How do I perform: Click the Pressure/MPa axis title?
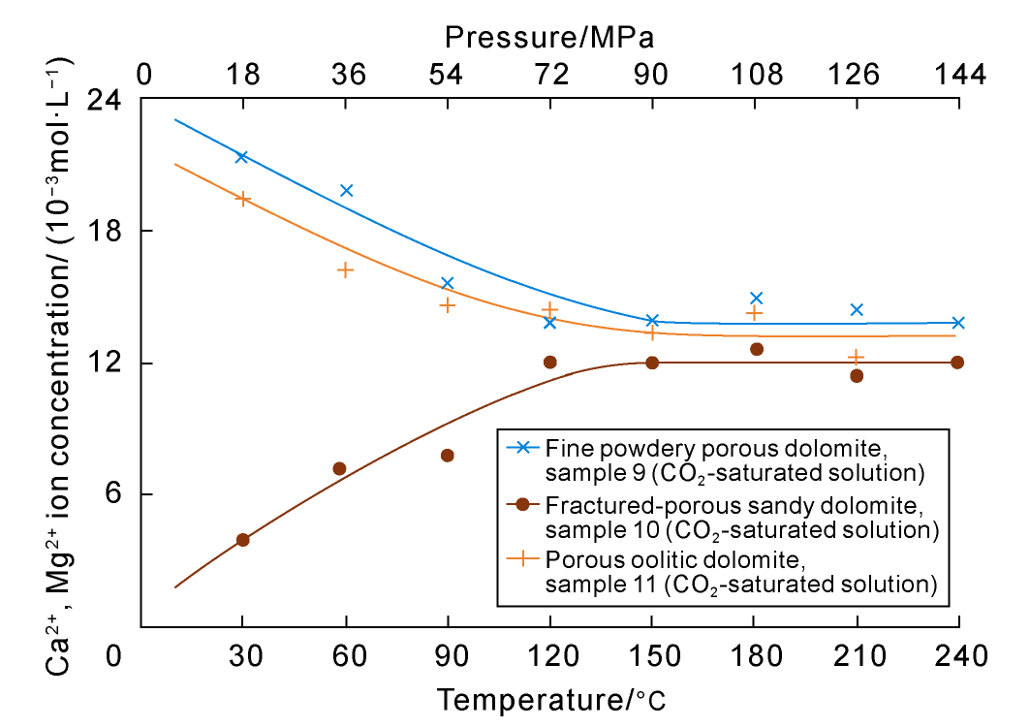pos(549,38)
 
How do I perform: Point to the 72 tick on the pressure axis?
pos(549,75)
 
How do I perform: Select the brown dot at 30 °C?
pos(243,540)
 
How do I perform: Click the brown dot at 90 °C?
pos(448,456)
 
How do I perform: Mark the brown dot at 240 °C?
pos(957,363)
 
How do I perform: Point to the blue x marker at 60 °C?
pos(346,191)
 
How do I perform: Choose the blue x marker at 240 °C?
pos(957,323)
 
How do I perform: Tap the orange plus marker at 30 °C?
pos(243,199)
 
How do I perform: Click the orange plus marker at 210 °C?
pos(856,358)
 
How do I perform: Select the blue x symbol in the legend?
pos(523,448)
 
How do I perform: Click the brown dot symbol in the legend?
pos(523,504)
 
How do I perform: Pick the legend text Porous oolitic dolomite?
pos(674,560)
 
